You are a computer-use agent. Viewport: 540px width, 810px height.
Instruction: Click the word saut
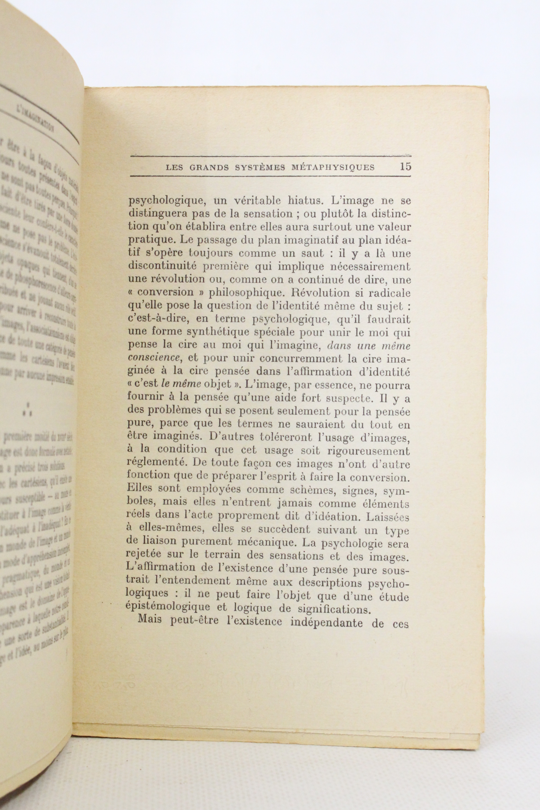click(x=310, y=253)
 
